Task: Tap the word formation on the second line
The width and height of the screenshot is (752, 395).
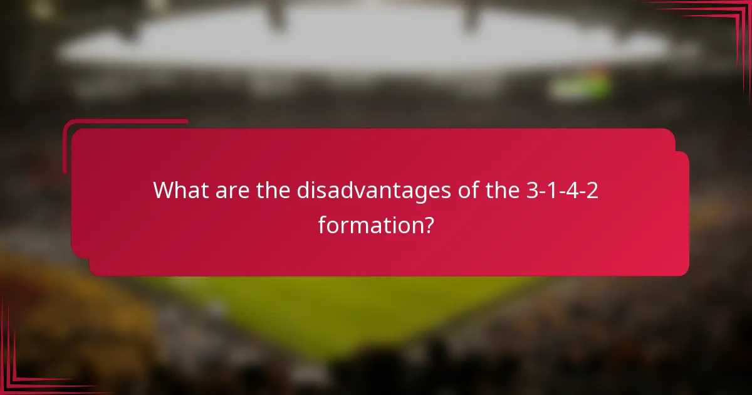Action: click(x=367, y=224)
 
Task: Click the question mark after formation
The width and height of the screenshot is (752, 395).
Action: click(x=427, y=224)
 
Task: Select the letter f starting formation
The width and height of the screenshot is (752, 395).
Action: click(x=322, y=224)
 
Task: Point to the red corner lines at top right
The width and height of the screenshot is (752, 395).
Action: click(x=727, y=19)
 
